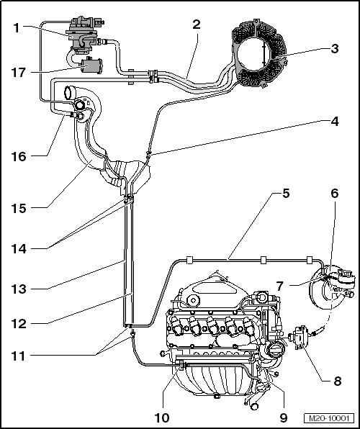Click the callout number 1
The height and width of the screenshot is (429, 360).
16,28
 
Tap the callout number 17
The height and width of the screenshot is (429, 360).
19,73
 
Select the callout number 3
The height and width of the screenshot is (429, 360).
335,49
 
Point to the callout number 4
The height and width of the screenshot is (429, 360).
335,122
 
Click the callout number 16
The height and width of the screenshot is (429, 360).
19,157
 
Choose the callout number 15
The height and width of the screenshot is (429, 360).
19,209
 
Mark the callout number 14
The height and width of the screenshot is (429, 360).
19,249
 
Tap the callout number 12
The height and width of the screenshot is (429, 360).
19,324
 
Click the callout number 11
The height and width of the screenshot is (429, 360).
19,356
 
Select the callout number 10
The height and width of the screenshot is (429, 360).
162,417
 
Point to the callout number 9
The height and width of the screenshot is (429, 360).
284,417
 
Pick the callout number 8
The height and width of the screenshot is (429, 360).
337,381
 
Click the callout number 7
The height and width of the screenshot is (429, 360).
279,286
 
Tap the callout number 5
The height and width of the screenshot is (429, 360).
286,194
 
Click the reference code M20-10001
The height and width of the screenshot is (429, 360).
329,418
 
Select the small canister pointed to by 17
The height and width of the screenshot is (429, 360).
91,66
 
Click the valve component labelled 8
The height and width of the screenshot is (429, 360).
300,338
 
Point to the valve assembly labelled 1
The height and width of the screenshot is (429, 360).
83,35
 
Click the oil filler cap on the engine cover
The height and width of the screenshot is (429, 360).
193,300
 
